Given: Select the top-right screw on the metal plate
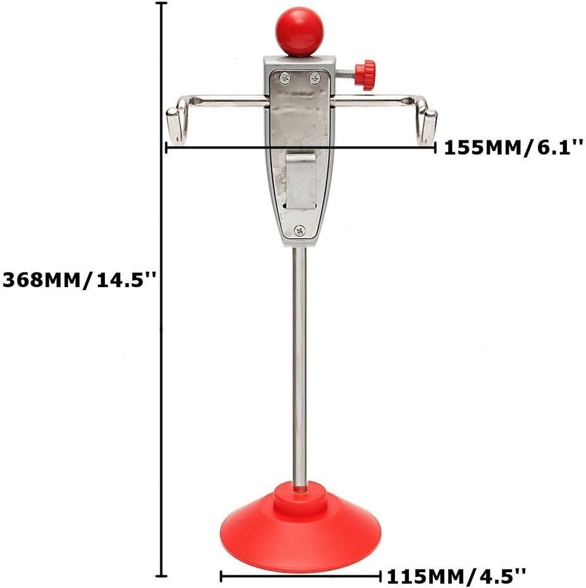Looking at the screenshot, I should pyautogui.click(x=315, y=78).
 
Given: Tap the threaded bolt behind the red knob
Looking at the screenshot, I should pyautogui.click(x=346, y=72).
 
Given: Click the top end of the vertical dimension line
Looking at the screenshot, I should pyautogui.click(x=162, y=4).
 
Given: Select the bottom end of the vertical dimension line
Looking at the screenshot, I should pyautogui.click(x=162, y=576).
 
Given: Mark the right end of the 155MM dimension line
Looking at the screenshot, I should pyautogui.click(x=435, y=148).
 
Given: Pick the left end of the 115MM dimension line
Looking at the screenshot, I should pyautogui.click(x=221, y=576).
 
